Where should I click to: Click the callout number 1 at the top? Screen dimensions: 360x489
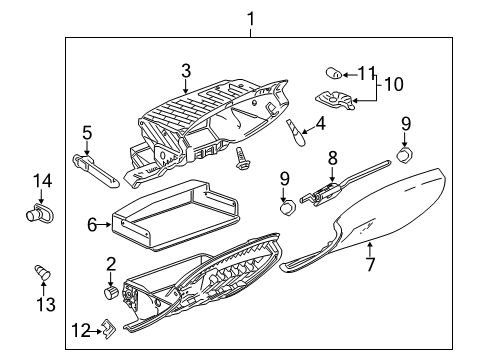(x=251, y=17)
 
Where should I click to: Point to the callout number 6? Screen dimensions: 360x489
(x=91, y=225)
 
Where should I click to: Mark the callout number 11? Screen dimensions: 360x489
(x=367, y=72)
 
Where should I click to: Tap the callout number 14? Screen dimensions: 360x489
(x=41, y=181)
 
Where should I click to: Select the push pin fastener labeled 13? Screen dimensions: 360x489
(x=41, y=270)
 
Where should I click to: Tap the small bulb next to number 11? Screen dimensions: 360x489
(x=335, y=71)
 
